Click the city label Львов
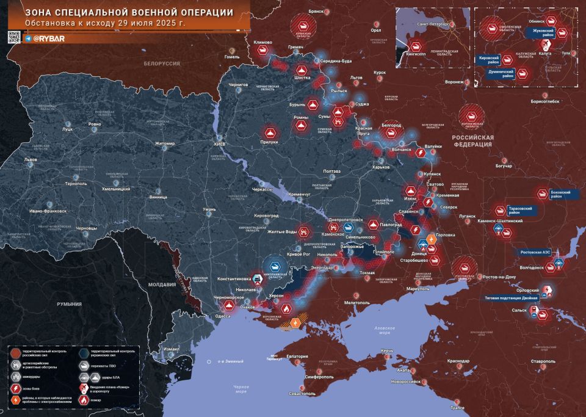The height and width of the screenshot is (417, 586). click(x=30, y=160)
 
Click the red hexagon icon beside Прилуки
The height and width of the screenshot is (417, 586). click(x=270, y=132)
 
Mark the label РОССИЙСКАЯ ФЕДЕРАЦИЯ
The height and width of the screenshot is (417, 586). click(x=472, y=142)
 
